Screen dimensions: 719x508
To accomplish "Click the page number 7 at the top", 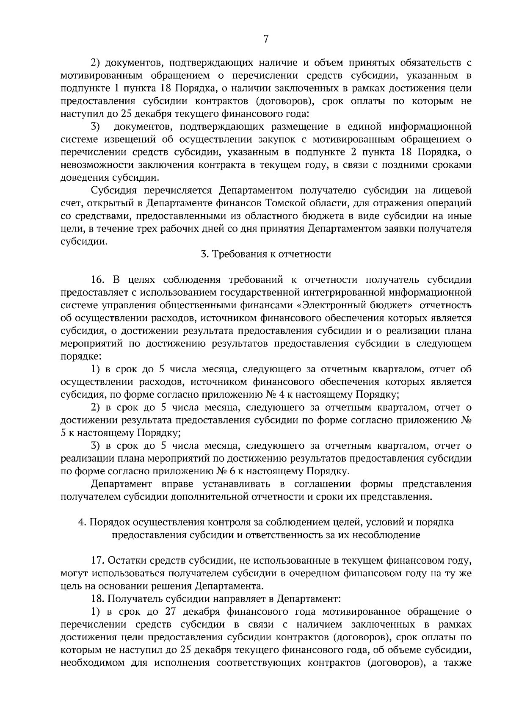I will point(265,39).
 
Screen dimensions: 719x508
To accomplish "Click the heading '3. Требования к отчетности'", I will point(265,254).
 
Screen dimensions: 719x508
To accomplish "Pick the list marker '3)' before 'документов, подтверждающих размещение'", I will point(96,126).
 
